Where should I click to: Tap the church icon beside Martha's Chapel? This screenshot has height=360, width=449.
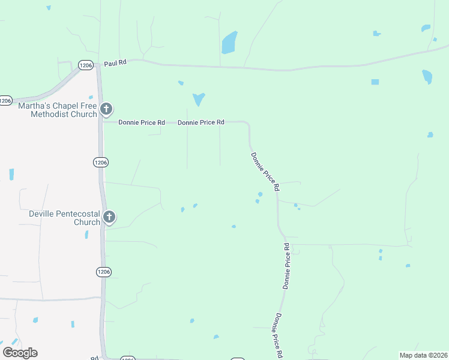(106, 109)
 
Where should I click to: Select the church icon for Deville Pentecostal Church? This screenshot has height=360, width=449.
(109, 217)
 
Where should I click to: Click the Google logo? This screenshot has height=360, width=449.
(20, 353)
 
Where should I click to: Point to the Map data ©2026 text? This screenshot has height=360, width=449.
(423, 355)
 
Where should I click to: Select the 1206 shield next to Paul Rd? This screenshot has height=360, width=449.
(85, 65)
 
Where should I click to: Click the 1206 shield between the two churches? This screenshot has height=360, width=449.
(101, 162)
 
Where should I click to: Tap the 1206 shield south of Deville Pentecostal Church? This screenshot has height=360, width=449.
(103, 272)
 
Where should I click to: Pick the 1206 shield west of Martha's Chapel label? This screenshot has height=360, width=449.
(5, 101)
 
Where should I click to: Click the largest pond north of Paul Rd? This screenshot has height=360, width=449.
(229, 43)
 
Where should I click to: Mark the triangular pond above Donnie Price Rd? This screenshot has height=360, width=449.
(198, 98)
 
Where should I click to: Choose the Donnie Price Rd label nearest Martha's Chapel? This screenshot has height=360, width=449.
(142, 122)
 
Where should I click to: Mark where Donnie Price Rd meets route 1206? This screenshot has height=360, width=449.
(102, 122)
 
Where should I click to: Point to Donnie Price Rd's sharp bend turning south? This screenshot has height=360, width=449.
(247, 124)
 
